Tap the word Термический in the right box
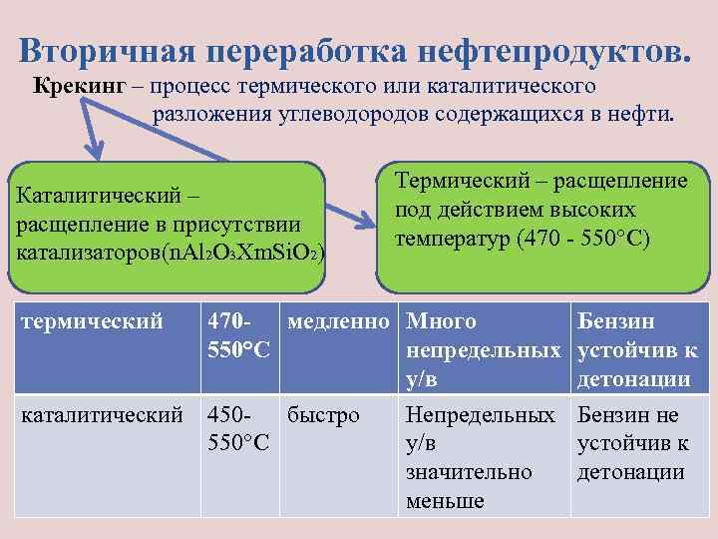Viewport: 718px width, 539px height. point(458,180)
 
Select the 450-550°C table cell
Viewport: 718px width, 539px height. point(238,426)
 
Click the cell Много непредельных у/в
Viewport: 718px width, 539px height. point(482,349)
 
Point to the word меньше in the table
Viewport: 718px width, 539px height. point(445,500)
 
